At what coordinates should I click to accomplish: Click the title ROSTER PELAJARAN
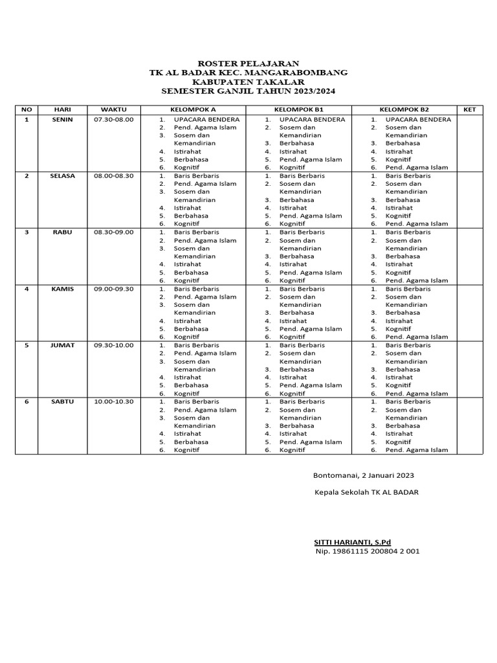pos(248,63)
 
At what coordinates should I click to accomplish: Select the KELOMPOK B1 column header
pos(298,109)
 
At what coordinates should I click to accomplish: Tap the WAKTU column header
pos(113,109)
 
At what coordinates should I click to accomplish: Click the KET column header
pos(469,109)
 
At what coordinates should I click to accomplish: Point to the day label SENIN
pos(62,120)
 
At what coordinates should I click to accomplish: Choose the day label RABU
pos(62,232)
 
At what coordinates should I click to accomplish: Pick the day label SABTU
pos(62,401)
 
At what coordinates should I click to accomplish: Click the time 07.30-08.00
pos(114,120)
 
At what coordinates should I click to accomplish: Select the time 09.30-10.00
pos(114,345)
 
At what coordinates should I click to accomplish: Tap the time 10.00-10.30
pos(114,401)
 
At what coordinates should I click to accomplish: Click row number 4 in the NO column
pos(27,289)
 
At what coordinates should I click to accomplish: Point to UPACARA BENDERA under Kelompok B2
pos(418,120)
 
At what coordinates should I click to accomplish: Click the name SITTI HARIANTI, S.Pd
pos(353,542)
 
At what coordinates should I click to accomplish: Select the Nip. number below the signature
pos(368,551)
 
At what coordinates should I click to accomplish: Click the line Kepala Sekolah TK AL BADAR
pos(366,492)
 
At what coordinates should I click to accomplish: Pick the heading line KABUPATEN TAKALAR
pos(248,83)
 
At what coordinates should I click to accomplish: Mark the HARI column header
pos(62,109)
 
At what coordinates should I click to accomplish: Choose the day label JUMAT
pos(62,345)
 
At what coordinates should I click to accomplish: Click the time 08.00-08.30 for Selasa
pos(114,175)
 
